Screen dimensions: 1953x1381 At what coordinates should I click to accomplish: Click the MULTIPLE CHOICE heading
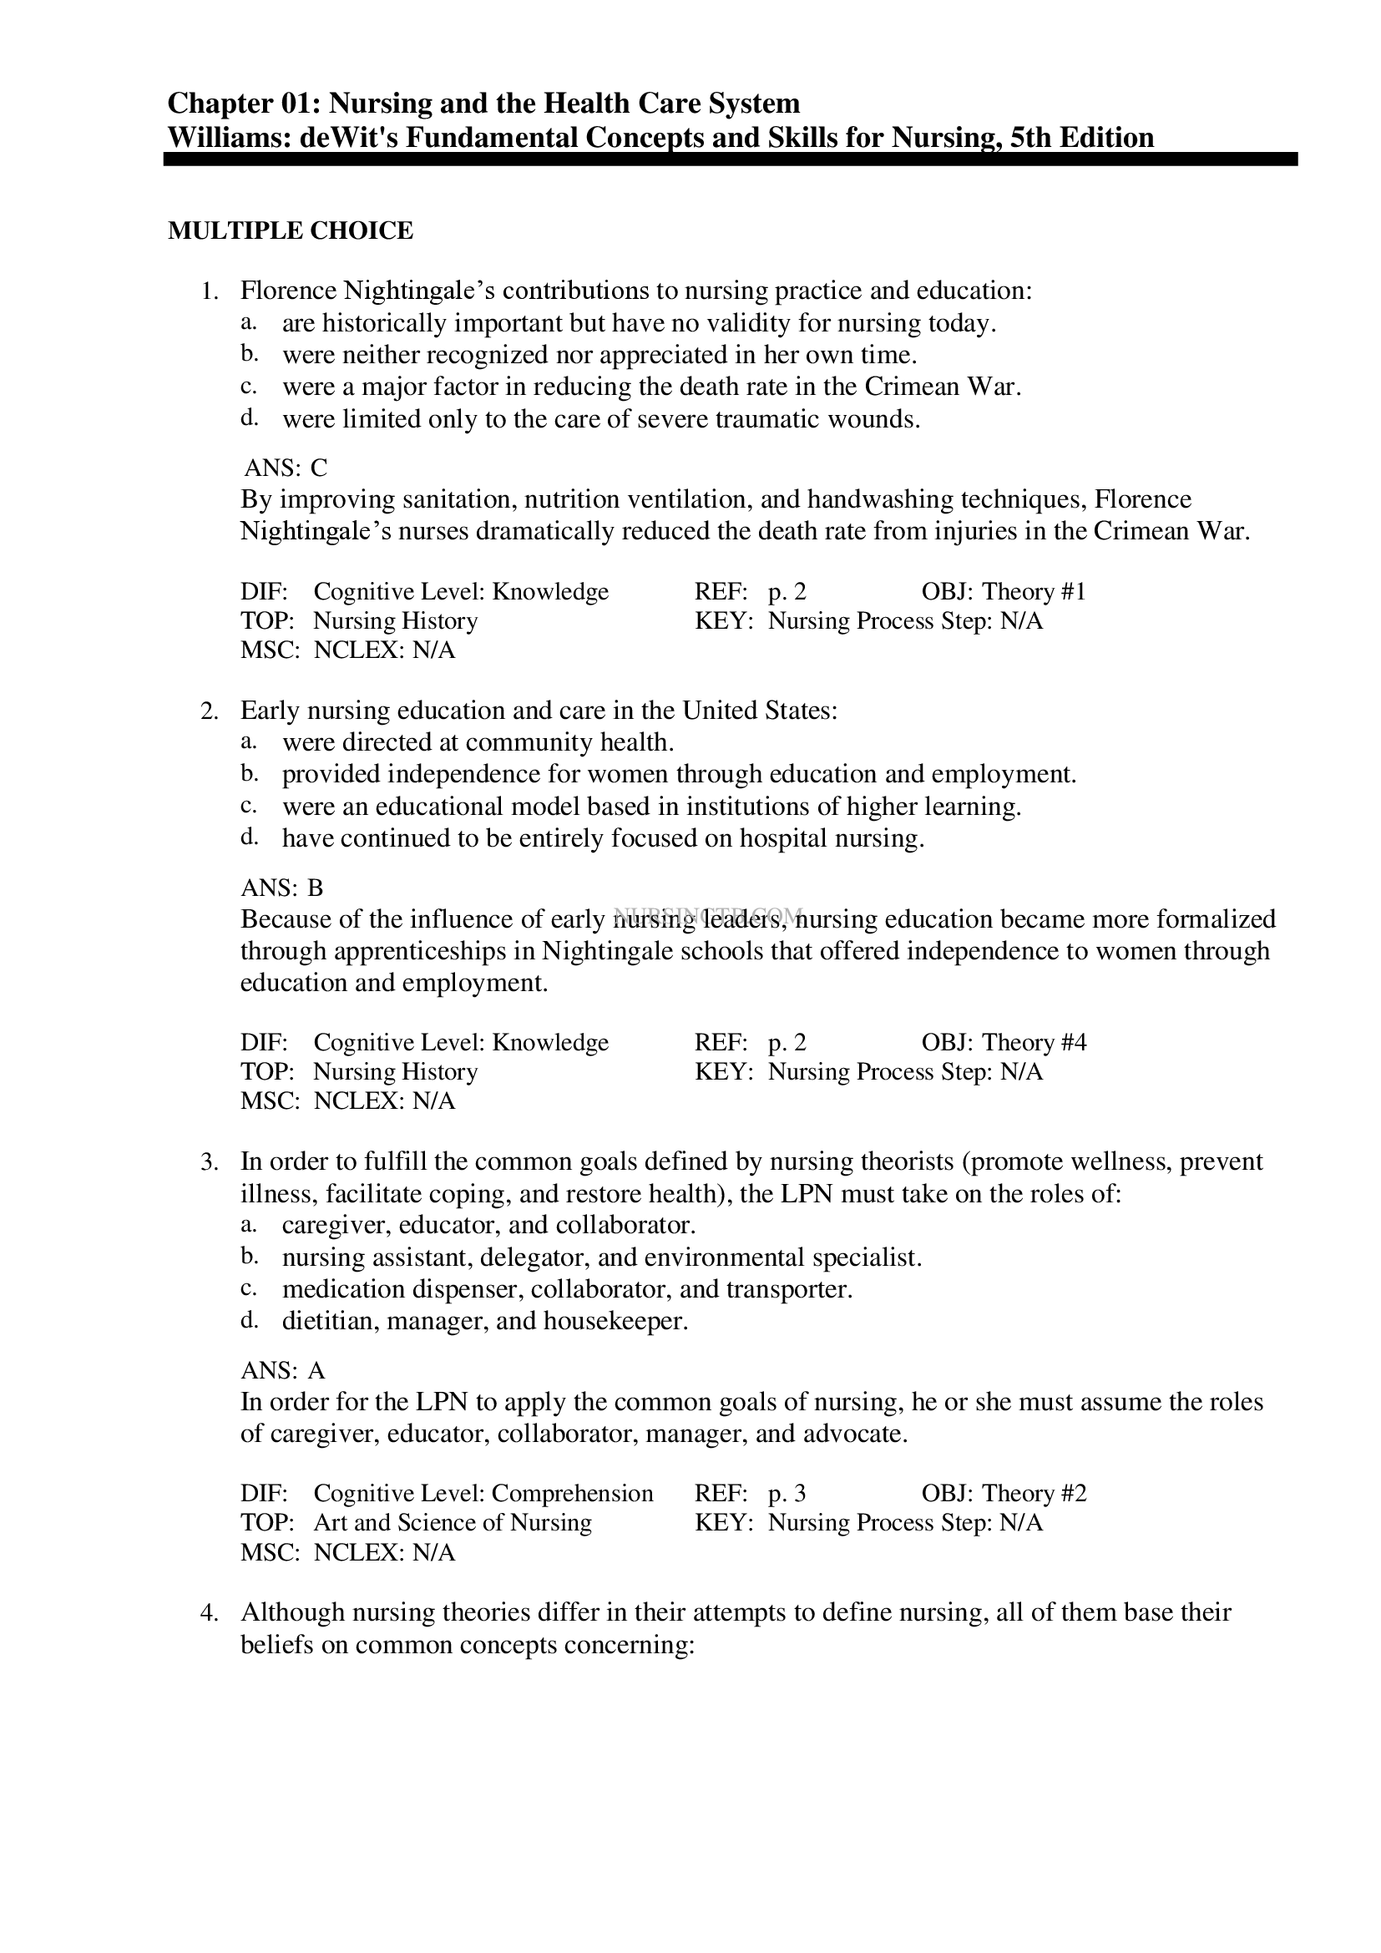tap(290, 230)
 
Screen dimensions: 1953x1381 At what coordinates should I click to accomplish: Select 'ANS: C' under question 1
tap(285, 468)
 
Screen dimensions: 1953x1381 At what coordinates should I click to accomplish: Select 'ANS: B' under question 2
tap(282, 888)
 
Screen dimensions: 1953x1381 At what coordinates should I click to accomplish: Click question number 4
tap(210, 1613)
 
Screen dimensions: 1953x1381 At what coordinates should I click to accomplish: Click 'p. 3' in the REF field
tap(787, 1493)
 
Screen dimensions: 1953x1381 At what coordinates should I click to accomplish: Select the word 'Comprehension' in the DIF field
tap(572, 1493)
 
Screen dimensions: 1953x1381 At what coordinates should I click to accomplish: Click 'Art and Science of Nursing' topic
tap(453, 1522)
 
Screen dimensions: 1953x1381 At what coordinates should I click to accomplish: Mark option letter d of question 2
tap(248, 837)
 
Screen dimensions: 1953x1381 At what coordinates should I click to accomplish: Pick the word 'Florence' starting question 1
tap(288, 291)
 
